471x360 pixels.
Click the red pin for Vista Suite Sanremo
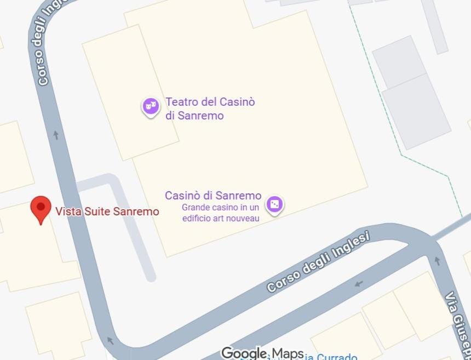coord(41,209)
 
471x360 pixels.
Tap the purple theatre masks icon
coord(151,106)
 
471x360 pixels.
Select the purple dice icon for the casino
coord(274,205)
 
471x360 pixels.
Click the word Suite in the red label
coord(97,212)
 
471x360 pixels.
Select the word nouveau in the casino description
coord(244,219)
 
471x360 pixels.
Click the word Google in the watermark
coord(244,353)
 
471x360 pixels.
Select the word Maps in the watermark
coord(288,353)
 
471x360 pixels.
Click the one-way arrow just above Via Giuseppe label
coord(437,261)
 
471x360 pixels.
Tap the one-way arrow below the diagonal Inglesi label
coord(359,283)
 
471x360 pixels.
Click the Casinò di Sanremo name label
coord(213,196)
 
